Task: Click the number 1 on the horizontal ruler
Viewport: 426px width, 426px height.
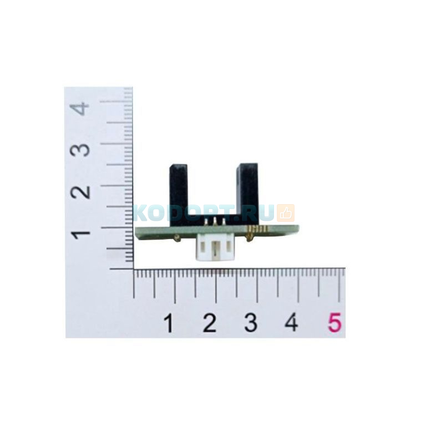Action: click(x=169, y=322)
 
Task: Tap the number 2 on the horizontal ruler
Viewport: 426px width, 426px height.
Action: click(x=210, y=322)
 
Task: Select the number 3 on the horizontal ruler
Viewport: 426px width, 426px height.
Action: click(x=251, y=322)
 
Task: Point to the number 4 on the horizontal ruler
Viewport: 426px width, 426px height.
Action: click(x=291, y=322)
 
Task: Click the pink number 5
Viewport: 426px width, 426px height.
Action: click(x=334, y=322)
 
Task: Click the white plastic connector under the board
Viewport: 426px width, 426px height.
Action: click(x=215, y=248)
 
